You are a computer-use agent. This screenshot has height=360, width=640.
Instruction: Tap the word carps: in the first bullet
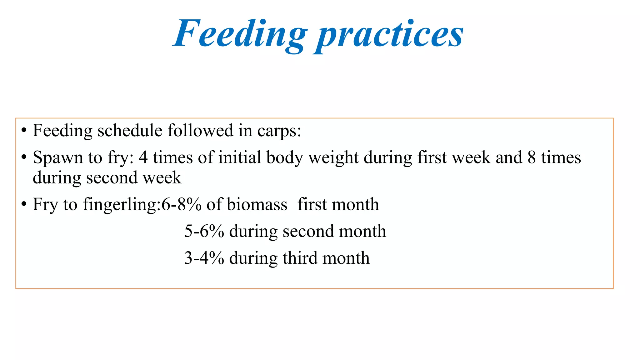click(279, 131)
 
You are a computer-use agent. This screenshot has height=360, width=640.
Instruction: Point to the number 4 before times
click(143, 157)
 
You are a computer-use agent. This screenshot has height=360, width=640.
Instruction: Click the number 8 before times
click(532, 157)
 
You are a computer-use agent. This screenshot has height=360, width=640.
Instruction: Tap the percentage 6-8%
click(181, 205)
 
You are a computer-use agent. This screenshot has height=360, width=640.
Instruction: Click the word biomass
click(257, 205)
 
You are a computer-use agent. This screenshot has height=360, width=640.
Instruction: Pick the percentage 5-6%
click(204, 232)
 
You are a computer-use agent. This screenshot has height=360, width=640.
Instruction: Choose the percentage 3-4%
click(204, 258)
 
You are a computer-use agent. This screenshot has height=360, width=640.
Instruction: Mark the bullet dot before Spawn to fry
click(24, 157)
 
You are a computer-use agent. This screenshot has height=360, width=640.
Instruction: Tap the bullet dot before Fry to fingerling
click(24, 204)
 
